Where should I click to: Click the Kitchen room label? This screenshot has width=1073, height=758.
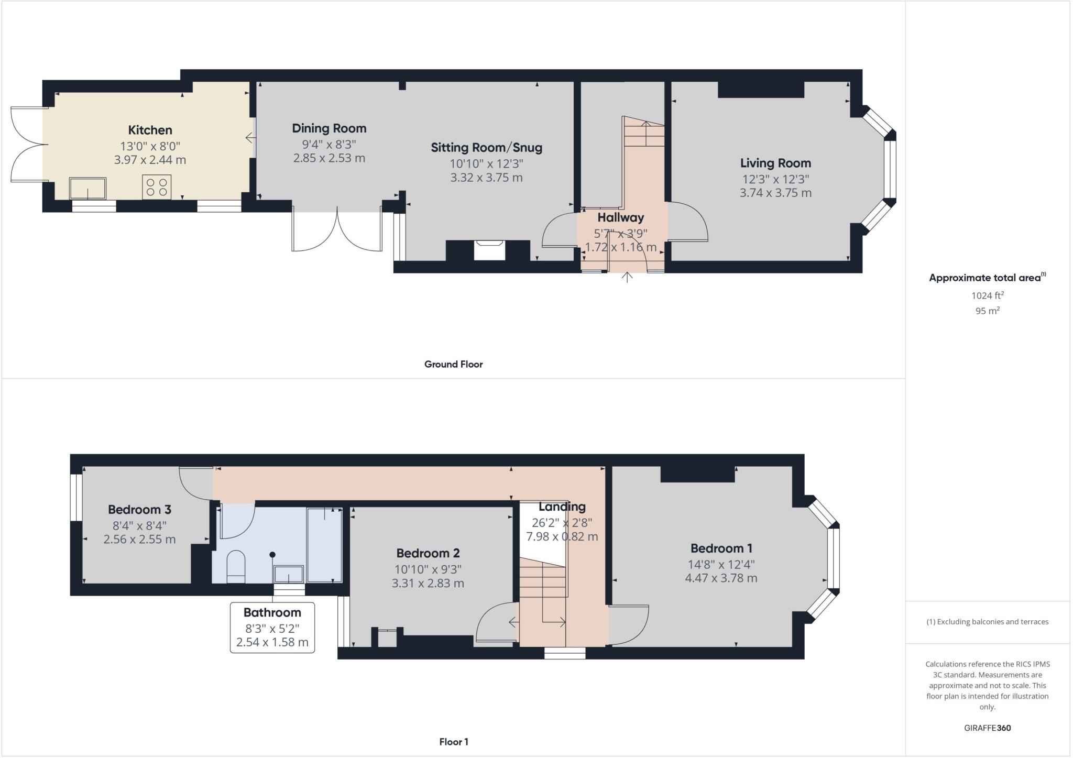click(150, 130)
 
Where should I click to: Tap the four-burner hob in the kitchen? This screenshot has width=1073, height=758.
click(157, 187)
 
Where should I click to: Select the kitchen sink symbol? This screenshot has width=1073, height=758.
click(87, 188)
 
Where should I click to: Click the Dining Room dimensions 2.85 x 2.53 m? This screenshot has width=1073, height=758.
click(329, 158)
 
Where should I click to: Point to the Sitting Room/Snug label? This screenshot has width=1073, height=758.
click(486, 148)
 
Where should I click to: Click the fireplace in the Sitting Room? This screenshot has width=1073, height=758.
click(489, 250)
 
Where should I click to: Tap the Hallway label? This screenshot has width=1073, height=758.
click(620, 217)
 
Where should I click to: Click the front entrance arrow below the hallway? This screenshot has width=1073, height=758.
click(627, 277)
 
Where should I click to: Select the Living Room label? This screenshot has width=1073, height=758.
click(775, 163)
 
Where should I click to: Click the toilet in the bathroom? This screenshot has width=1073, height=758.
click(236, 566)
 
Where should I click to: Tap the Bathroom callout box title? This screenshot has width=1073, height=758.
click(272, 612)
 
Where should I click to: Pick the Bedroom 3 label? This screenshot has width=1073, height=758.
click(139, 509)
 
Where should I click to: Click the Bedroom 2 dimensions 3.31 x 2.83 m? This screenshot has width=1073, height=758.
click(428, 583)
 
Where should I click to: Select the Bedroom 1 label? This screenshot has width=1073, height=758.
click(721, 548)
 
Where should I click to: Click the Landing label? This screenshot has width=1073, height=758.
click(562, 507)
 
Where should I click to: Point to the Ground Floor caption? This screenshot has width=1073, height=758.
click(453, 364)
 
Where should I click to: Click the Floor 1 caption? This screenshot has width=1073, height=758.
click(453, 742)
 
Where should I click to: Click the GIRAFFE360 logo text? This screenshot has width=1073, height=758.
click(987, 728)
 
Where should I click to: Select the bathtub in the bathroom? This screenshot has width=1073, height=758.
click(324, 545)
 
